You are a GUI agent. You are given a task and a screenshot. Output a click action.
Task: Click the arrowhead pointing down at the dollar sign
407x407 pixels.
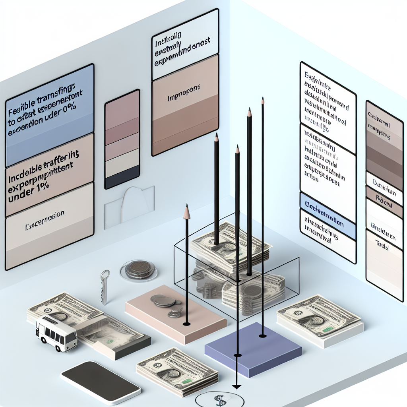pos(237,386)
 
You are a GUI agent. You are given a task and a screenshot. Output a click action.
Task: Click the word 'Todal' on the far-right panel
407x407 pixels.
pos(382,243)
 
